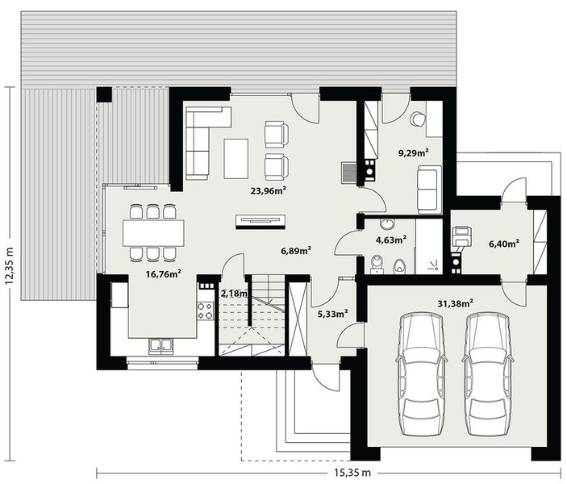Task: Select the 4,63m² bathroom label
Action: [390, 239]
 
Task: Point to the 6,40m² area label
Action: [503, 242]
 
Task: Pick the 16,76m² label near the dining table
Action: [162, 273]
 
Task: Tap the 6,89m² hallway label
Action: [296, 251]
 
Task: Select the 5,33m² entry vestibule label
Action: [332, 313]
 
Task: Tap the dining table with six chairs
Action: [152, 233]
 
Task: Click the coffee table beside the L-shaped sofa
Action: [236, 158]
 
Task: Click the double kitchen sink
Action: [160, 347]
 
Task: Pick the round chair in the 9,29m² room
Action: [417, 119]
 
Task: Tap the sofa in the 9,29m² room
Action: [428, 188]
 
